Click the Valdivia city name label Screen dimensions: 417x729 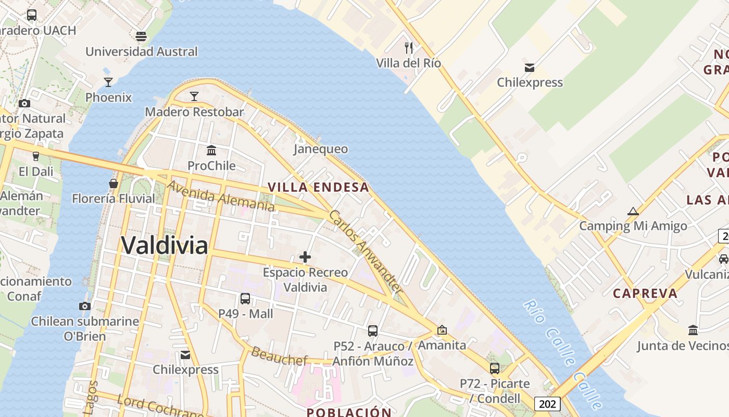[165, 245]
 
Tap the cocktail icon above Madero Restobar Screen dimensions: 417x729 [194, 96]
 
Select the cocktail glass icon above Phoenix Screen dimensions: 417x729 [108, 82]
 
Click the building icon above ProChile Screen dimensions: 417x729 [211, 151]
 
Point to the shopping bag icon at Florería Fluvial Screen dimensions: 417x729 [113, 183]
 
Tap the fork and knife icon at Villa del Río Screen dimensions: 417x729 [409, 48]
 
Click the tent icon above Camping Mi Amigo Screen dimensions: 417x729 [633, 211]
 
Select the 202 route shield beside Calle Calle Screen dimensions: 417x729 [547, 403]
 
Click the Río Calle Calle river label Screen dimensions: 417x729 [562, 354]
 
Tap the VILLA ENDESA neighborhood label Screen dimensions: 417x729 [318, 187]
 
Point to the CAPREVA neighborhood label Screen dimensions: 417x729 [645, 293]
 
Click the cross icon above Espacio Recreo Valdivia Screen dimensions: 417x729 [305, 257]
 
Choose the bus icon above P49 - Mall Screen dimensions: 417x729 [245, 299]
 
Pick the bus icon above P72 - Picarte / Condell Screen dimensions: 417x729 [495, 369]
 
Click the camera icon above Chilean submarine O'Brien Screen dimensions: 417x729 [85, 306]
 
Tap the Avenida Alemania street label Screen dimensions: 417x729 [221, 196]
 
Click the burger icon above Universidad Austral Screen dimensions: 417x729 [141, 36]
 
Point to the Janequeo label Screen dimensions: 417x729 [321, 149]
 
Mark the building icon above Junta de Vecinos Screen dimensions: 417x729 [693, 330]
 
